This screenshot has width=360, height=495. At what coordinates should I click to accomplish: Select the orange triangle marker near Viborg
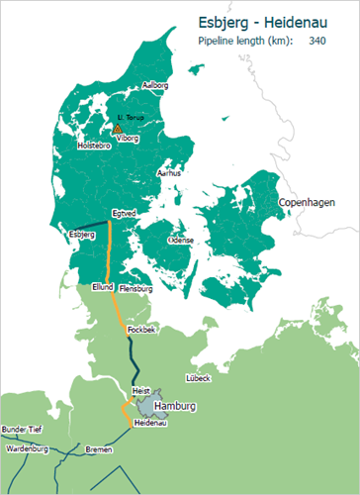(118, 129)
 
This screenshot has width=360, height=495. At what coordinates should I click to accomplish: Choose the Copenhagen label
(307, 202)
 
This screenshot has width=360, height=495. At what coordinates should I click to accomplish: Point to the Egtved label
(125, 212)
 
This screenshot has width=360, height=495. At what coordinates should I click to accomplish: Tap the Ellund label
(103, 287)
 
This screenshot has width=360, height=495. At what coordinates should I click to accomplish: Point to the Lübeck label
(199, 378)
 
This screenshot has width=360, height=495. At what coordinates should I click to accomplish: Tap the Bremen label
(99, 448)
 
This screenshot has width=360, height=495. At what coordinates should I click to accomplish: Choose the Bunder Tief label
(23, 430)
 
